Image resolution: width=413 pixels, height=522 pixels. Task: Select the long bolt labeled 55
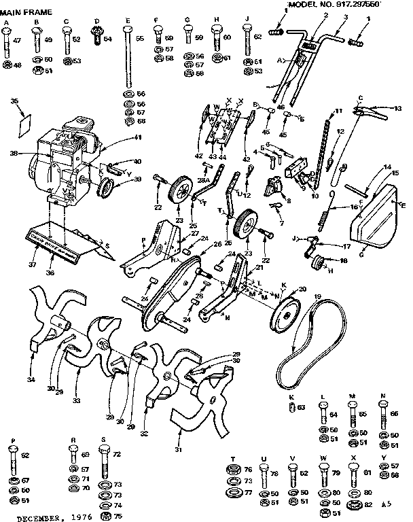[127, 61]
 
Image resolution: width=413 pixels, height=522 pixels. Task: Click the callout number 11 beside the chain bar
[338, 111]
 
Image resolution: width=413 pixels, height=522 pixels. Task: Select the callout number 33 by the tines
[77, 401]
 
